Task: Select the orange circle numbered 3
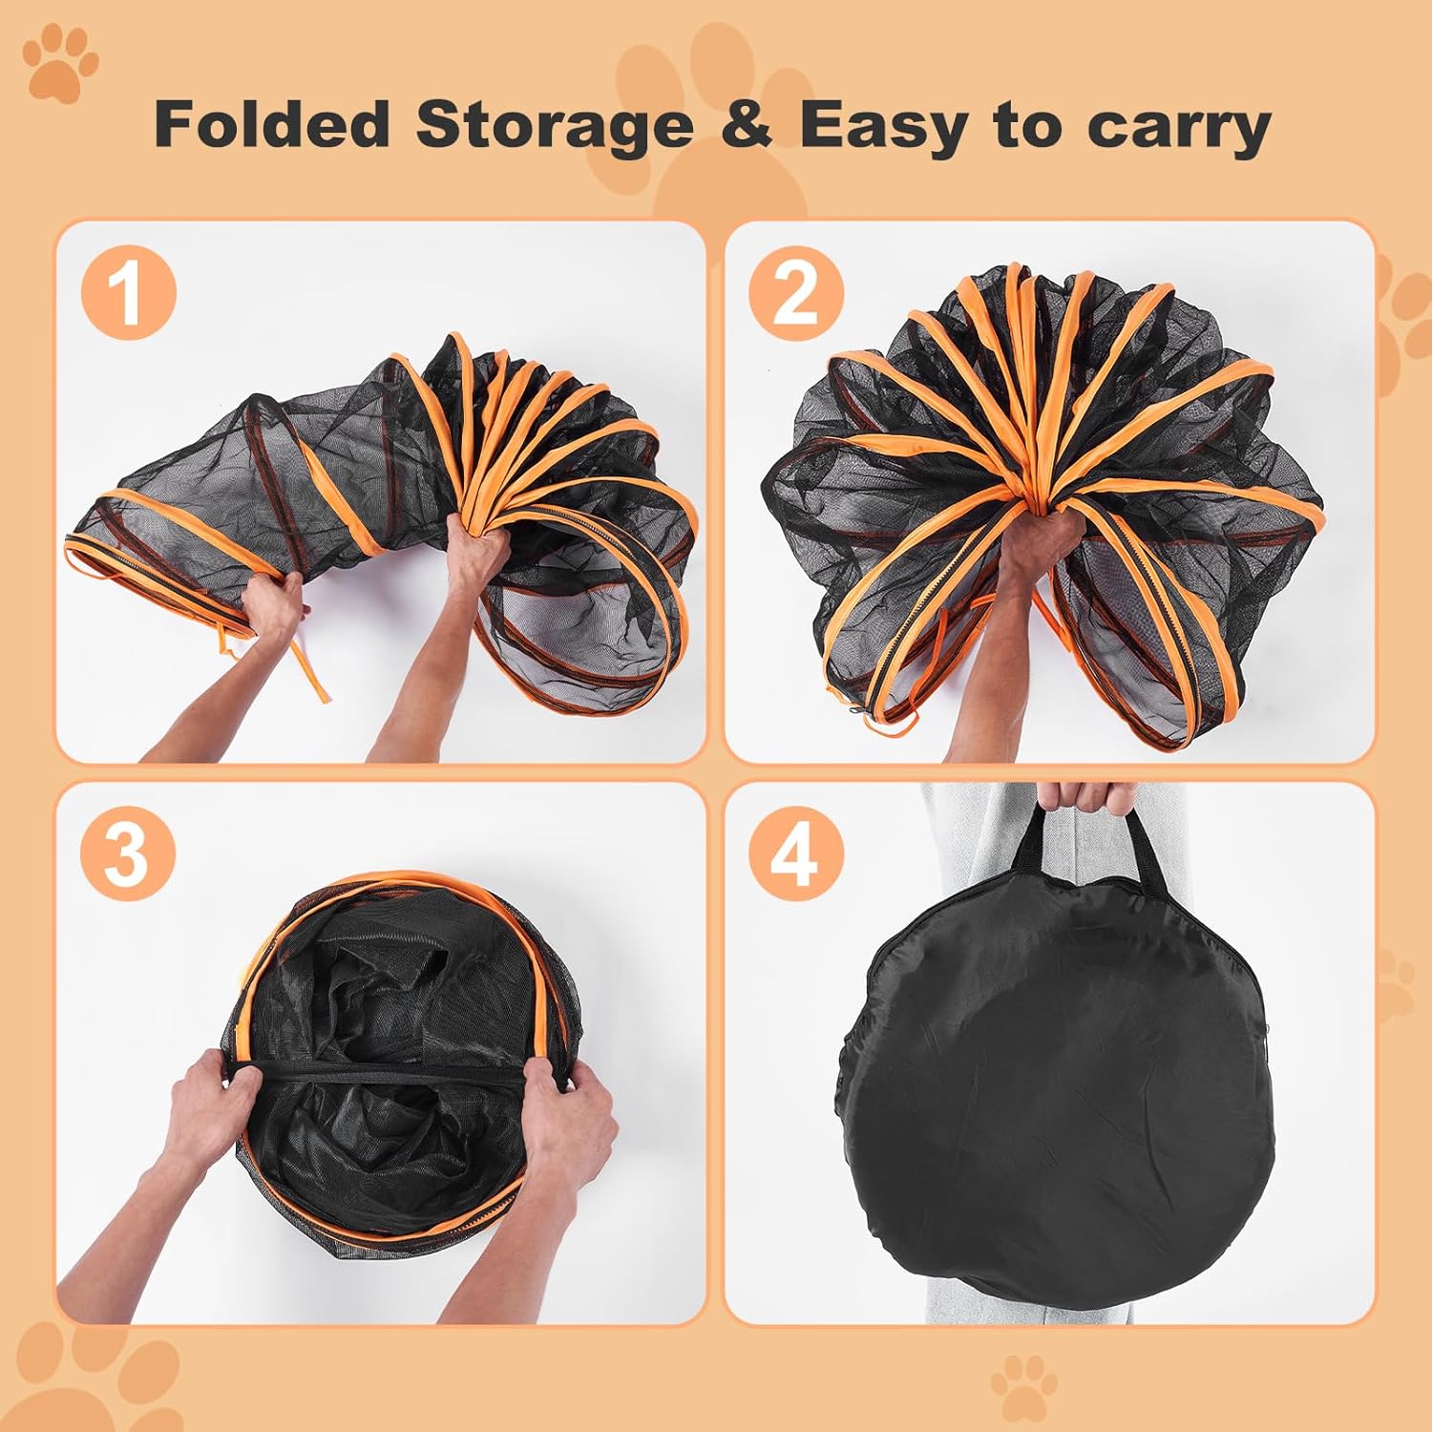[x=128, y=853]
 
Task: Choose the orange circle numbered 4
[x=795, y=853]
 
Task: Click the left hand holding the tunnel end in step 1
[x=272, y=606]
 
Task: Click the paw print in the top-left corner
[x=61, y=63]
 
